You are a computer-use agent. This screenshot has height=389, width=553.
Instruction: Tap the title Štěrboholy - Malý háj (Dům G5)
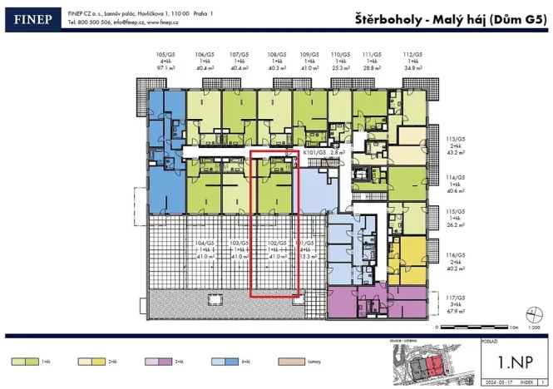[450, 16]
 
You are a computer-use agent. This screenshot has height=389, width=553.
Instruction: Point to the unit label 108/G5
[277, 52]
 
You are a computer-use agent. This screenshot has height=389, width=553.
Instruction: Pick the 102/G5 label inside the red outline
[276, 244]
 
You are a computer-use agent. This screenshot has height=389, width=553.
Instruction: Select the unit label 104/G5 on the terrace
[203, 244]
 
